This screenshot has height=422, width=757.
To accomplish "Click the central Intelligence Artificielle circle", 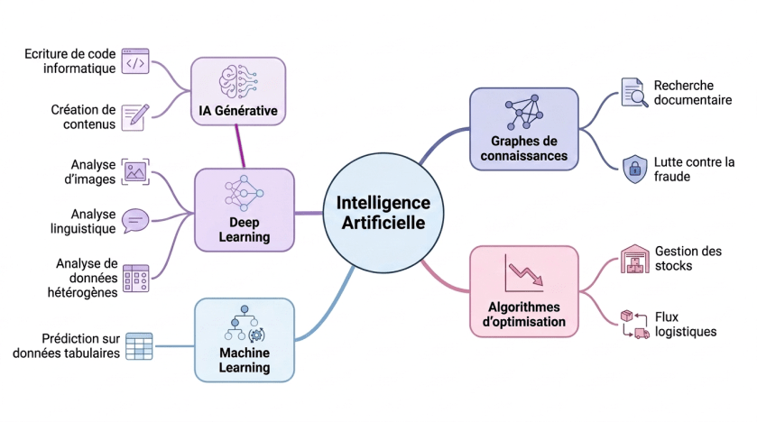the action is click(383, 213).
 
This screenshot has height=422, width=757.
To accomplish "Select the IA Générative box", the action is click(238, 91).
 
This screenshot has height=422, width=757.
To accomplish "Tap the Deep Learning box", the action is click(245, 210).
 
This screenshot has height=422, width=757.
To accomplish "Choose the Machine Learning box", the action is click(245, 340).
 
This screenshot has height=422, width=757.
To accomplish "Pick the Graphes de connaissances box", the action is click(524, 129).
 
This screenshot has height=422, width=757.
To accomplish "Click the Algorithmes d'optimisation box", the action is click(524, 291).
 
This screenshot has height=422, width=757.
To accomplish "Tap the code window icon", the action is click(135, 60).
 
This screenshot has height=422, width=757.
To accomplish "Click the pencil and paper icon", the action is click(135, 116).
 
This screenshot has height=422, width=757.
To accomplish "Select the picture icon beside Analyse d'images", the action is click(135, 171).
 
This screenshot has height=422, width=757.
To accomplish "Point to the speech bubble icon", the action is click(135, 221).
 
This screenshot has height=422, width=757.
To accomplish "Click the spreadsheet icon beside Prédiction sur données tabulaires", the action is click(139, 345).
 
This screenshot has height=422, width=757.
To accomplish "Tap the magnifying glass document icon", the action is click(634, 92).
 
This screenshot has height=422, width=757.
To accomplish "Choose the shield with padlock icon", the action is click(634, 169).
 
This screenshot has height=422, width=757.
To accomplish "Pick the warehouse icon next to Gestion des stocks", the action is click(635, 259).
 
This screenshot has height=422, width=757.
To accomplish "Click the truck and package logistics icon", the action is click(635, 324).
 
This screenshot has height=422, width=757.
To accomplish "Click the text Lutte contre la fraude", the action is click(694, 170).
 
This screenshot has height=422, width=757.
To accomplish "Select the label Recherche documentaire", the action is click(693, 93).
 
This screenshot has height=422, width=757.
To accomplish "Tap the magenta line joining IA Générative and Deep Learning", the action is click(240, 147).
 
